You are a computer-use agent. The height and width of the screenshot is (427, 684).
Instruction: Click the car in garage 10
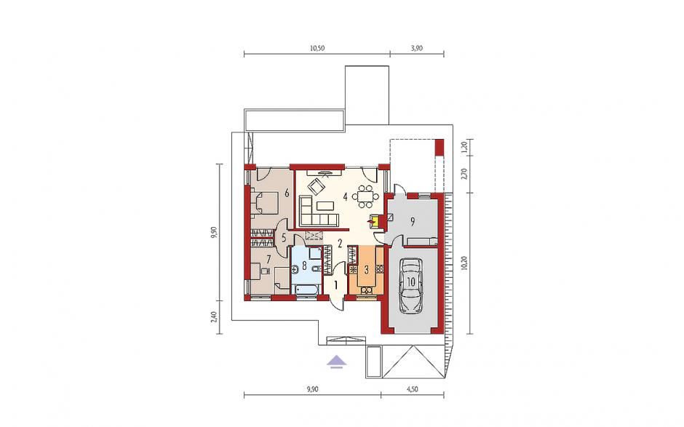(411, 285)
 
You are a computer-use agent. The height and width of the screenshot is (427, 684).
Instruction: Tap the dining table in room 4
(365, 196)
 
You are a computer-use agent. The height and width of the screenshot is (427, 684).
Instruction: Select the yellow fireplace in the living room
(374, 221)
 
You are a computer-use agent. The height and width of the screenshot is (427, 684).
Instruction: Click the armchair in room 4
(316, 186)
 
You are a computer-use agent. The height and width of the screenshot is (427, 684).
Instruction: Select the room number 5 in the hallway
(284, 238)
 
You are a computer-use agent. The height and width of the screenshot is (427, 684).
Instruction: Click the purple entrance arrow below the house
(337, 361)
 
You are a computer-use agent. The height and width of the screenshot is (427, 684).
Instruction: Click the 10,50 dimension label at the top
(317, 49)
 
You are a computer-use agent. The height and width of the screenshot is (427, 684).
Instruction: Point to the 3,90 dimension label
(417, 49)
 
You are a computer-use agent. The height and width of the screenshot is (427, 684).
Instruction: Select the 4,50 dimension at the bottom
(412, 389)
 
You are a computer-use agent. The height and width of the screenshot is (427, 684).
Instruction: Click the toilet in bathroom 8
(317, 270)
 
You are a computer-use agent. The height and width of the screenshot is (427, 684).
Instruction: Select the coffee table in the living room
(325, 204)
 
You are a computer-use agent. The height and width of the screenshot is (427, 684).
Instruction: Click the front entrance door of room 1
(337, 301)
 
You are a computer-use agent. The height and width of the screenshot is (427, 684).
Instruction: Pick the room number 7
(269, 259)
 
